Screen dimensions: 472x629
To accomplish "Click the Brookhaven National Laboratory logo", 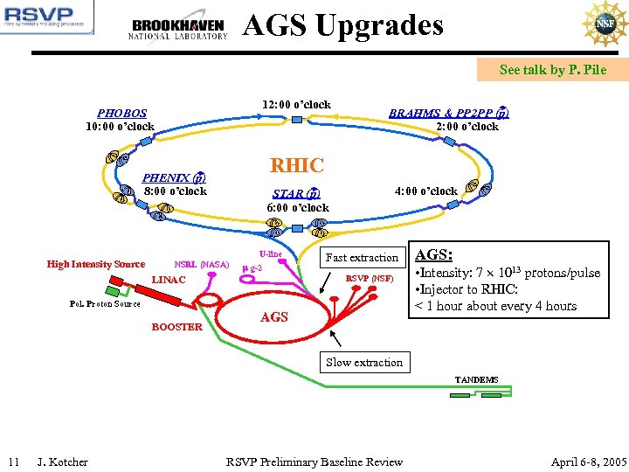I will point(178,29).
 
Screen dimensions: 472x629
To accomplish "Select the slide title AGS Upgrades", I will point(343,25).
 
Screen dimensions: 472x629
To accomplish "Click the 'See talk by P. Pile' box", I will point(552,70).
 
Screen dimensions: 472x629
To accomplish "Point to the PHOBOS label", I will point(122,113).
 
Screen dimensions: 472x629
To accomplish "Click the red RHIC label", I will point(297,165).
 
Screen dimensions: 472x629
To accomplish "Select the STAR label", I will point(296,193).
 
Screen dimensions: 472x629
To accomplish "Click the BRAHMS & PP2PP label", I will point(449,113).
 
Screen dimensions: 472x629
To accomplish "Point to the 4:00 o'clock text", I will point(425,191).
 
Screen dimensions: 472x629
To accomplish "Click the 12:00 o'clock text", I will point(296,105).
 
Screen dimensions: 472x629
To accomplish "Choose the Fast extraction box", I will point(362,257).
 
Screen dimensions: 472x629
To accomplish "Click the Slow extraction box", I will point(364,362).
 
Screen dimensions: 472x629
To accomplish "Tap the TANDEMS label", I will point(476,380).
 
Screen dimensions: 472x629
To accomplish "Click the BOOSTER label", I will point(177,327).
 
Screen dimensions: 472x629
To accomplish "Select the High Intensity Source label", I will point(96,264).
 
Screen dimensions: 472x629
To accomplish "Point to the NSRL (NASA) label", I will point(202,264).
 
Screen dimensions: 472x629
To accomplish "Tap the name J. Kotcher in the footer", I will point(62,462).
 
